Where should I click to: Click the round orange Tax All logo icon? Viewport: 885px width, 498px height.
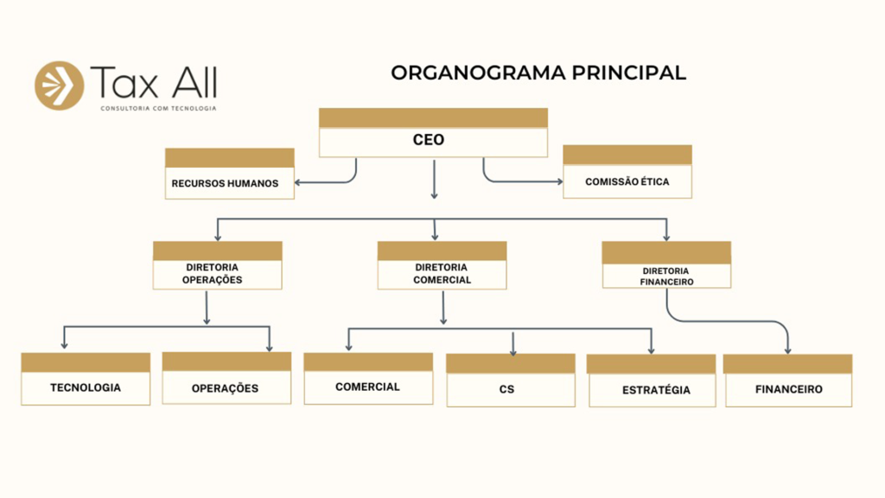coord(59,86)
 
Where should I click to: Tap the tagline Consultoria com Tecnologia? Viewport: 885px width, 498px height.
coord(158,108)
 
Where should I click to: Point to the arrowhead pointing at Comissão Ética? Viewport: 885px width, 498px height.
coord(558,182)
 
